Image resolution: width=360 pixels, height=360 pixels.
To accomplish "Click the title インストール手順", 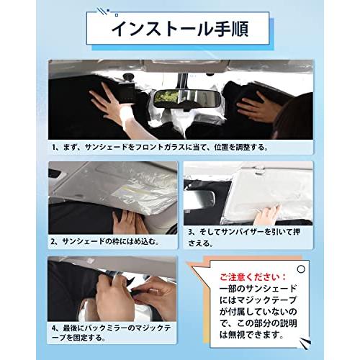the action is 180,30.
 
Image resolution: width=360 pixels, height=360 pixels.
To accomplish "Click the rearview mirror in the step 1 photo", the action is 187,99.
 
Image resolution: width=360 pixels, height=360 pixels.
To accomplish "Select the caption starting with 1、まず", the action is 160,148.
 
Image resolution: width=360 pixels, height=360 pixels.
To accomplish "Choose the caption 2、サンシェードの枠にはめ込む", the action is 105,241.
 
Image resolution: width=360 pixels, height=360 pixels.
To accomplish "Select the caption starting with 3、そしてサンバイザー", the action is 243,238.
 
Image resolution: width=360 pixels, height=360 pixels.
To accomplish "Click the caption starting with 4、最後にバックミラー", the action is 111,333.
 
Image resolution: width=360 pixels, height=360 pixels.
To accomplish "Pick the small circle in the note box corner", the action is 301,269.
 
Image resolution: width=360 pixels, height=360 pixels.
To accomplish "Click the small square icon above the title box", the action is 117,15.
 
